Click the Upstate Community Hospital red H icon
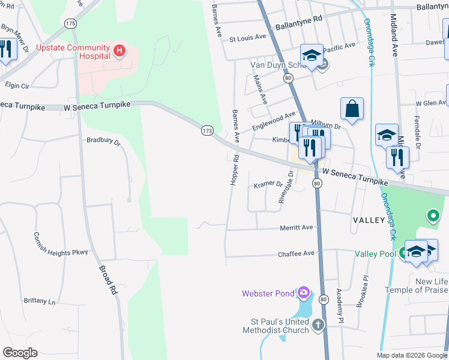coord(119,50)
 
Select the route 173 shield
coord(207,130)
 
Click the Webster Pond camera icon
coord(304,293)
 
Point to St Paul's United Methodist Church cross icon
coord(318,325)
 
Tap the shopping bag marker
coord(352,109)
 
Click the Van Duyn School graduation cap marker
coord(312,55)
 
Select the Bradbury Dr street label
coord(103,143)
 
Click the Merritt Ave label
coord(297,227)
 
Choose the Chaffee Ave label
coord(296,254)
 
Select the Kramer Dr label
coord(268,184)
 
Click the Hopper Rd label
coord(235,170)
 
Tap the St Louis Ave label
coord(247,37)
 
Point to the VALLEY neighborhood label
coord(368,220)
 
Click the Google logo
coord(20,353)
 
